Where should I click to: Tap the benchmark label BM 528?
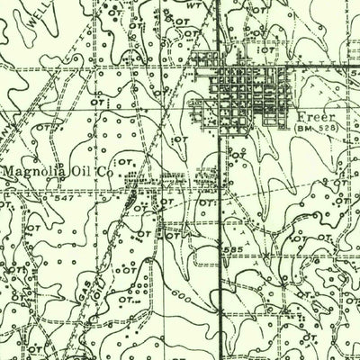pos(312,130)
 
